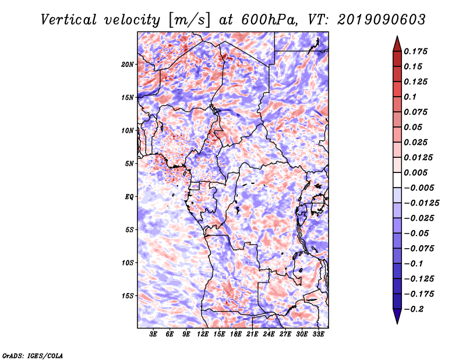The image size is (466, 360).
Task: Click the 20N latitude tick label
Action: (128, 64)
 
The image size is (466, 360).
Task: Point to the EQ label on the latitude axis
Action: (129, 197)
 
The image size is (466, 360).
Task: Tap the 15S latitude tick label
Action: (128, 296)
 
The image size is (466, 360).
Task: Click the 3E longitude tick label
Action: (154, 335)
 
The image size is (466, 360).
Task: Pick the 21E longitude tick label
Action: (252, 335)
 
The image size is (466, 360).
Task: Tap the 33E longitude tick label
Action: (318, 335)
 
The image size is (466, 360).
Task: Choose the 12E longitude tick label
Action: (203, 335)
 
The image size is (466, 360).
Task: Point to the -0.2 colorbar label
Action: (416, 309)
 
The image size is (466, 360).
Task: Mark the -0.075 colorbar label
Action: (419, 249)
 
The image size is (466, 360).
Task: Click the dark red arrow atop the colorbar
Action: (397, 43)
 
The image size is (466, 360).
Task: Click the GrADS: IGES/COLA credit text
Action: (33, 355)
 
